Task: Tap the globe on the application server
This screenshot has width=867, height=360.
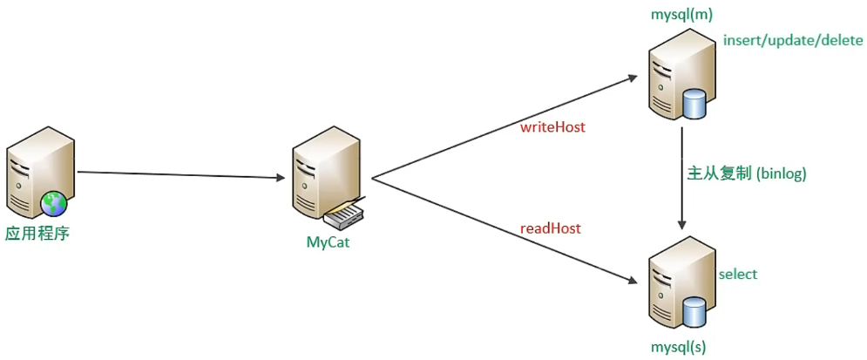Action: tap(54, 204)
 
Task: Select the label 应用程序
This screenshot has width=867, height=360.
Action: tap(37, 233)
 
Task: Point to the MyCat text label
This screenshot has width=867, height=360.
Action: tap(328, 242)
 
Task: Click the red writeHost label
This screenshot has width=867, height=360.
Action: tap(552, 127)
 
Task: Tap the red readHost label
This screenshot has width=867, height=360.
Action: tap(551, 228)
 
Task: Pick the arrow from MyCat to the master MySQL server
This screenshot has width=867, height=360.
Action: tap(505, 128)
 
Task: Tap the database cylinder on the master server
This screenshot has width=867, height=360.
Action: tap(694, 104)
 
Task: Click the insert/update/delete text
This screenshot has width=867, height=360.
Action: tap(792, 41)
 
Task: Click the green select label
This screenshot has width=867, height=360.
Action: tap(737, 275)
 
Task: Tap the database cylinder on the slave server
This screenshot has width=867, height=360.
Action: tap(694, 310)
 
